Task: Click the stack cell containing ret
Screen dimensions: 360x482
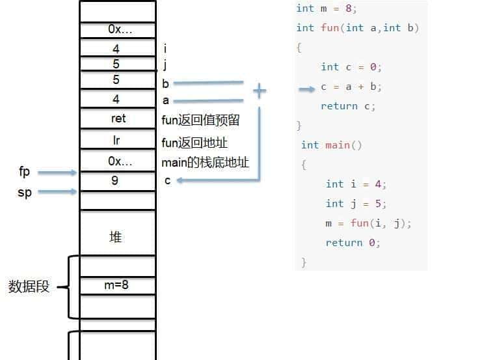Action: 118,118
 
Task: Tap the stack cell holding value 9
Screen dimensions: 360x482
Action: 118,180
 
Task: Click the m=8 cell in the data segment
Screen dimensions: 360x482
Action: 118,285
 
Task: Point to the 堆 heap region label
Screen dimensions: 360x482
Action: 116,236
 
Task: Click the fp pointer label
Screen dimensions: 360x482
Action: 25,172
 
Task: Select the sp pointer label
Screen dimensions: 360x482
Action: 25,192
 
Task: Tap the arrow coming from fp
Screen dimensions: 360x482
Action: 57,173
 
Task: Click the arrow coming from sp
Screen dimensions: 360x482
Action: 57,191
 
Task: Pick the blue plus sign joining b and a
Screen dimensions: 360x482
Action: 260,91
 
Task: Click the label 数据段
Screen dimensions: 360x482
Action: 29,286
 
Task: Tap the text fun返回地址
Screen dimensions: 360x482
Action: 194,142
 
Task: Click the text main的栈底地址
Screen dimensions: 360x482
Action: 205,163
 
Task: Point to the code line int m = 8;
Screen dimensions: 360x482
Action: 327,8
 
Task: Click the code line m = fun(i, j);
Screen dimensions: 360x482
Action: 369,223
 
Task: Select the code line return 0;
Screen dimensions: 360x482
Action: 353,243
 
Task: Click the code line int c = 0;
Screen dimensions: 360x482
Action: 351,67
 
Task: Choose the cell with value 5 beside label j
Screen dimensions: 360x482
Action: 118,64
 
